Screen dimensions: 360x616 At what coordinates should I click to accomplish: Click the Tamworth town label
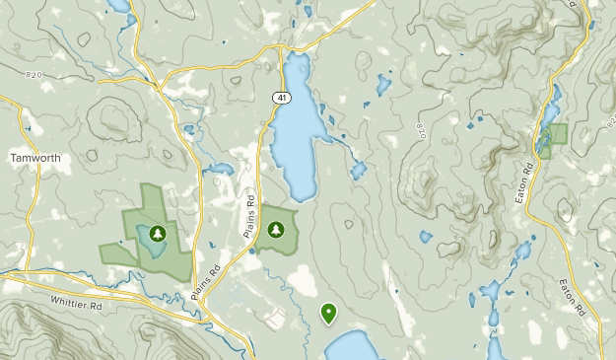pos(36,158)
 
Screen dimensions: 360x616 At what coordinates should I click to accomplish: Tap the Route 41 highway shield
pos(283,98)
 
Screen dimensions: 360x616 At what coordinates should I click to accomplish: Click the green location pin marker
pos(328,314)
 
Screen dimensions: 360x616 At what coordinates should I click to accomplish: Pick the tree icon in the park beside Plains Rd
pos(276,230)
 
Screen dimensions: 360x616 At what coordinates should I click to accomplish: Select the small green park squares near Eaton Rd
pos(553,138)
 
